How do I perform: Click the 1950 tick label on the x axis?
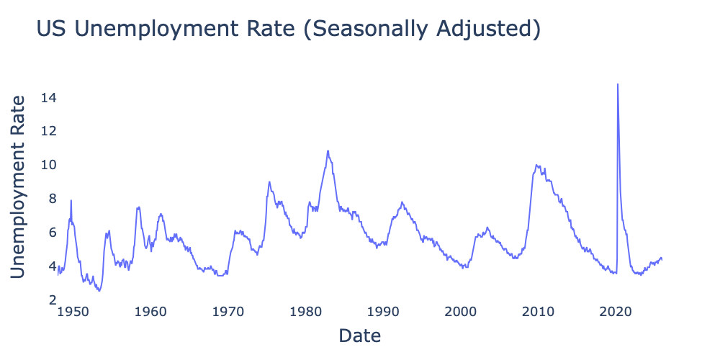pyautogui.click(x=73, y=311)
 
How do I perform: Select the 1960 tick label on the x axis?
pyautogui.click(x=150, y=311)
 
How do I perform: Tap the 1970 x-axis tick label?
pyautogui.click(x=228, y=311)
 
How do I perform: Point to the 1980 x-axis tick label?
pyautogui.click(x=306, y=311)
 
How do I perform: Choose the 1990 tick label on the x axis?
pyautogui.click(x=383, y=311)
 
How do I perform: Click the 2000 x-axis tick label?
pyautogui.click(x=461, y=311)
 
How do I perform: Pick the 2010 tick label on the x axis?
pyautogui.click(x=539, y=311)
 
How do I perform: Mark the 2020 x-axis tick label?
pyautogui.click(x=616, y=311)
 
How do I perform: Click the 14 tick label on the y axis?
pyautogui.click(x=49, y=97)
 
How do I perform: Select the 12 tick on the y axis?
pyautogui.click(x=49, y=131)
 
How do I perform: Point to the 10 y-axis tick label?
pyautogui.click(x=49, y=165)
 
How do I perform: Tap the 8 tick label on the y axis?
pyautogui.click(x=53, y=199)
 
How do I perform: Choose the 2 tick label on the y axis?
pyautogui.click(x=53, y=300)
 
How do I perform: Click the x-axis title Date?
pyautogui.click(x=359, y=336)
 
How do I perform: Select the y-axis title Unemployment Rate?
pyautogui.click(x=21, y=186)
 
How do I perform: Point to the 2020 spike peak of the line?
pyautogui.click(x=618, y=84)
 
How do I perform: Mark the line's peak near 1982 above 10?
pyautogui.click(x=328, y=151)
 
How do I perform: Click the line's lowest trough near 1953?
pyautogui.click(x=99, y=290)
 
